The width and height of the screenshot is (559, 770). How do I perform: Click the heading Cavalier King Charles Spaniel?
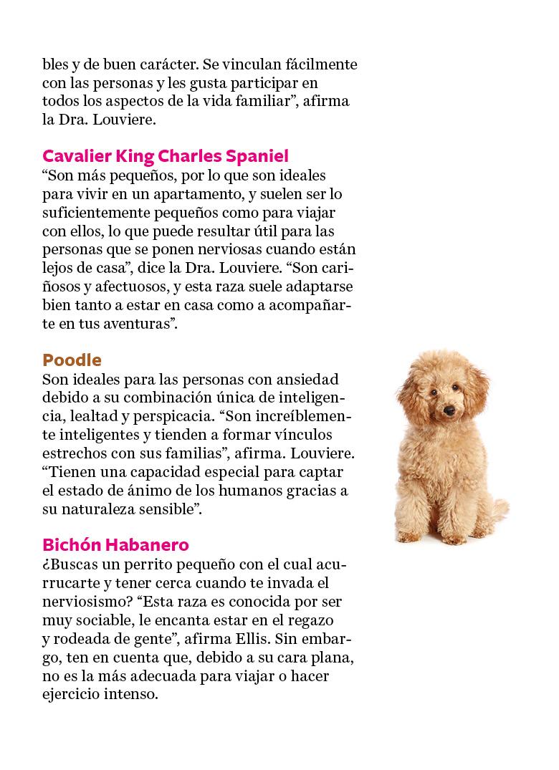pyautogui.click(x=166, y=156)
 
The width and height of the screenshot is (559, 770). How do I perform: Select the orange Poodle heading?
pyautogui.click(x=72, y=360)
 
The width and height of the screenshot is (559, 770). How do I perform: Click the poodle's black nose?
pyautogui.click(x=450, y=411)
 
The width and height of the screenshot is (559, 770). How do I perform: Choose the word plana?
pyautogui.click(x=333, y=657)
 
